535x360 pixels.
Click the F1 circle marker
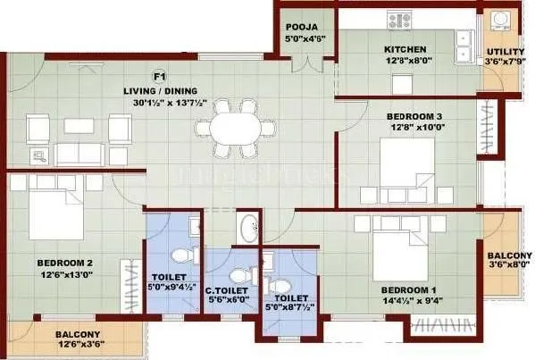tap(161, 77)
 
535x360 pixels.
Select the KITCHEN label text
tap(405, 49)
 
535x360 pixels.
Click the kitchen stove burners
tap(396, 18)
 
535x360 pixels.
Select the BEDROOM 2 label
tap(64, 263)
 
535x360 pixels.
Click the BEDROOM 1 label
tap(409, 289)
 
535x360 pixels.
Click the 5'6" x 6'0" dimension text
tap(227, 299)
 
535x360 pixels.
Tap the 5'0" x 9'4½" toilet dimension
tap(170, 288)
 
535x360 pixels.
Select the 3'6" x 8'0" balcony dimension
tap(506, 264)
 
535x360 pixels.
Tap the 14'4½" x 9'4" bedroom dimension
tap(409, 301)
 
